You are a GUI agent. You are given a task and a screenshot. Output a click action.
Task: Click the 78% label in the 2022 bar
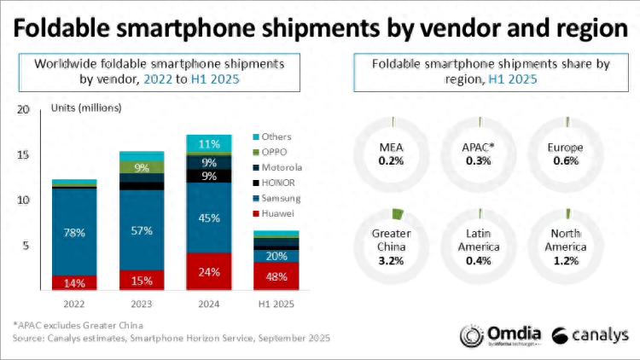point(74,231)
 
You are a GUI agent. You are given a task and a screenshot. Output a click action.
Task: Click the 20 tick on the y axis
point(23,109)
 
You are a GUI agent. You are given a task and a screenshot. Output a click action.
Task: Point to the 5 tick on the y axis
point(26,246)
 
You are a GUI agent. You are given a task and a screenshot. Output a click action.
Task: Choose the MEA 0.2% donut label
point(391,154)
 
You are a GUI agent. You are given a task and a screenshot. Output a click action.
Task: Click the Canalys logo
point(590,334)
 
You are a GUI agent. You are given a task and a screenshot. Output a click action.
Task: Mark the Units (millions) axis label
point(86,108)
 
